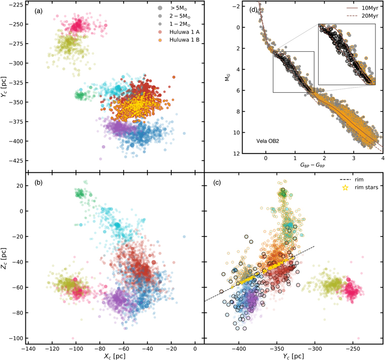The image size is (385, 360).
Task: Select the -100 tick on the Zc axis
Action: click(15, 338)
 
